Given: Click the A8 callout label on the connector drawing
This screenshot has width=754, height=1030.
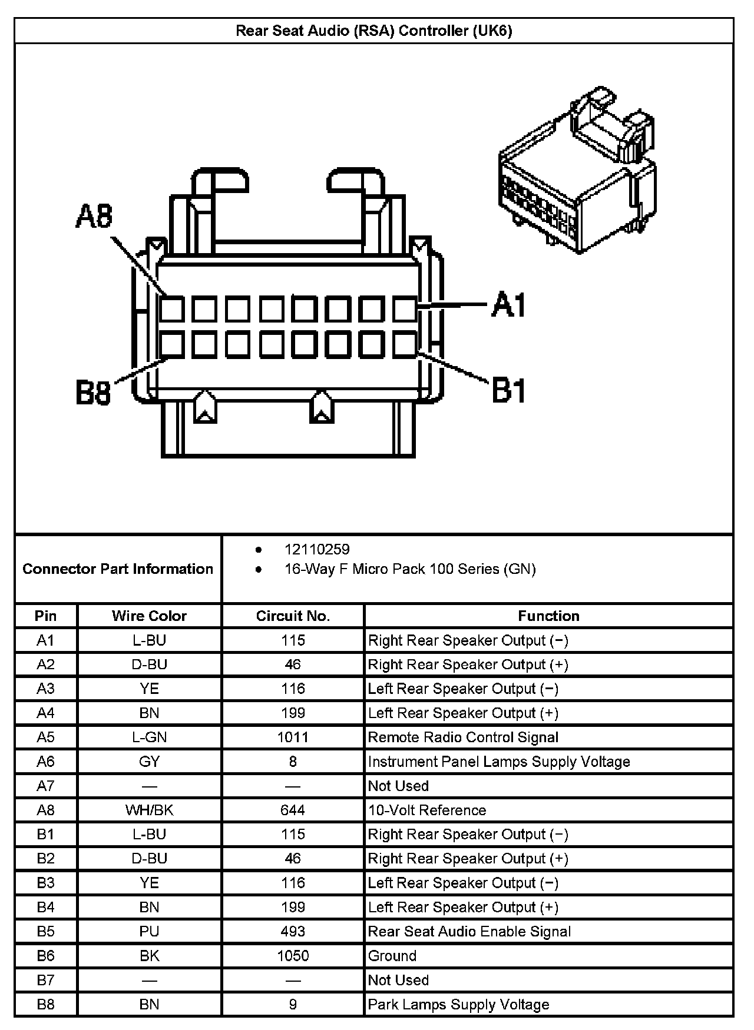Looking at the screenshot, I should coord(94,217).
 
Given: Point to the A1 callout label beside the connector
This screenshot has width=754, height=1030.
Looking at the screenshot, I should coord(508,304).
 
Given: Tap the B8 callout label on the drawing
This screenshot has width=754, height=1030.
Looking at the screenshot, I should coord(94,393).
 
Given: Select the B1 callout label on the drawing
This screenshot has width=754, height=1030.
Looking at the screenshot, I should coord(508,390).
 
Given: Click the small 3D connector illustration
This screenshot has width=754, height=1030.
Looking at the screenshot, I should coord(577,171).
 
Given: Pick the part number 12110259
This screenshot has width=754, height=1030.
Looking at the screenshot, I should coord(317,549).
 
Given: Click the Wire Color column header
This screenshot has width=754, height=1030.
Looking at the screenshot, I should coord(149,616).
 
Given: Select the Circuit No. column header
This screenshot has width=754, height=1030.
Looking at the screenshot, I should coord(293,616).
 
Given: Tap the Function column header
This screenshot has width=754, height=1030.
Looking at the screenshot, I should coord(548,616).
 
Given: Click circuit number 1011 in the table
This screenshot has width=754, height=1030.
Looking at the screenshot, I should coord(293,737).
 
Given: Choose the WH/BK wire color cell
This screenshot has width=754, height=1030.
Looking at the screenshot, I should coord(149,810).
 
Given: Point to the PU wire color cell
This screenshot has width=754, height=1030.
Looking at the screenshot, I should coord(149,931).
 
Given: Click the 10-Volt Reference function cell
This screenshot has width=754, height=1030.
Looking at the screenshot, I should coord(427,810).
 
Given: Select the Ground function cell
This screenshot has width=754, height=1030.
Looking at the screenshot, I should coord(392,955).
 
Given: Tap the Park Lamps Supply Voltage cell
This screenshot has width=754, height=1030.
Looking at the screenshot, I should coord(458,1004).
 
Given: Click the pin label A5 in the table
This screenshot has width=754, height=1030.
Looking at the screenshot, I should coord(45,737).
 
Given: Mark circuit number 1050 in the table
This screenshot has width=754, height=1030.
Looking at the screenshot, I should coord(293,955).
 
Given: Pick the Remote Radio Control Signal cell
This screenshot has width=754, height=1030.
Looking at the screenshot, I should coord(463,737).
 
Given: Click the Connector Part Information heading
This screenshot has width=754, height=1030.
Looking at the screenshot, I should coord(118,569).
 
